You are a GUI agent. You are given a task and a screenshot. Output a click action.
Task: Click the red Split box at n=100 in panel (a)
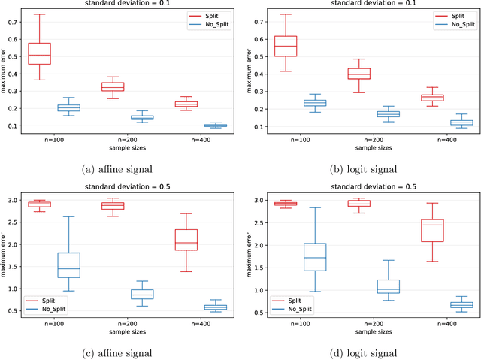click(39, 53)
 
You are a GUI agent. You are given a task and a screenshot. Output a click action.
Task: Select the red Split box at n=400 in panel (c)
click(186, 239)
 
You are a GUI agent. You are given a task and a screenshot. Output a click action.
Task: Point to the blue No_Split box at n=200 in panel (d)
click(389, 286)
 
